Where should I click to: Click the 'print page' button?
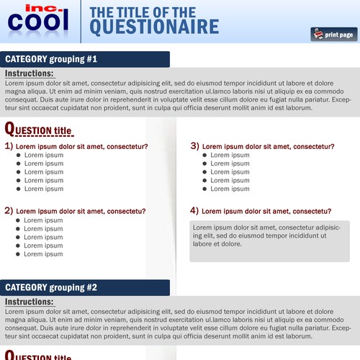(x=333, y=34)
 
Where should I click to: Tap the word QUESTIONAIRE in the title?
(x=156, y=27)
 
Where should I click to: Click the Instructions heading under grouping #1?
(x=29, y=73)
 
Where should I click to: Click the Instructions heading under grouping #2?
(x=29, y=302)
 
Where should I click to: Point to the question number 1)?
(x=9, y=145)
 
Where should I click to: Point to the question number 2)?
(x=9, y=211)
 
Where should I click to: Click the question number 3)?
(x=195, y=145)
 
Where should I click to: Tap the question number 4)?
(x=195, y=211)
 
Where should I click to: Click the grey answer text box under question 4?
(x=270, y=240)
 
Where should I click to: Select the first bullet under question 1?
(x=19, y=156)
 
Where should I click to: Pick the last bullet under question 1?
(x=19, y=189)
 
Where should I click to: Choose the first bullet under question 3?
(x=205, y=156)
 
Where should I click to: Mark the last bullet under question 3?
(x=205, y=189)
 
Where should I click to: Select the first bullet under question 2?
(x=19, y=220)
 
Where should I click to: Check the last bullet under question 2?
(x=19, y=254)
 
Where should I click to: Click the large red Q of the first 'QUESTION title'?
(x=9, y=129)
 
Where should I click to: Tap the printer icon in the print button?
(x=317, y=34)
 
